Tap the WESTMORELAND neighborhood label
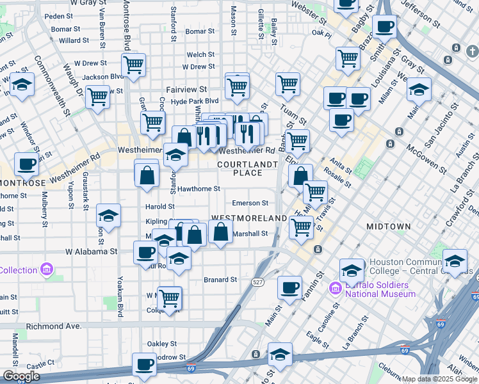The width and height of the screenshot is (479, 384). [x=248, y=218]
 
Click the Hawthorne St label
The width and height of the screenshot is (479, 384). [x=199, y=189]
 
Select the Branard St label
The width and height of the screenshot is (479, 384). [x=220, y=280]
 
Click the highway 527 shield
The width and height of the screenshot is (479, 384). [x=257, y=282]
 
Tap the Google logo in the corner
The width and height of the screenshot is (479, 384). [x=21, y=376]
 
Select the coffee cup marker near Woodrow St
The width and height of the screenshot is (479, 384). [x=143, y=365]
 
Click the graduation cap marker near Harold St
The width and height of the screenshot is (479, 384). [x=108, y=216]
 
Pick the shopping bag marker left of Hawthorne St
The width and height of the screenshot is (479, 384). [x=147, y=174]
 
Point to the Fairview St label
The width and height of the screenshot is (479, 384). [x=186, y=90]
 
